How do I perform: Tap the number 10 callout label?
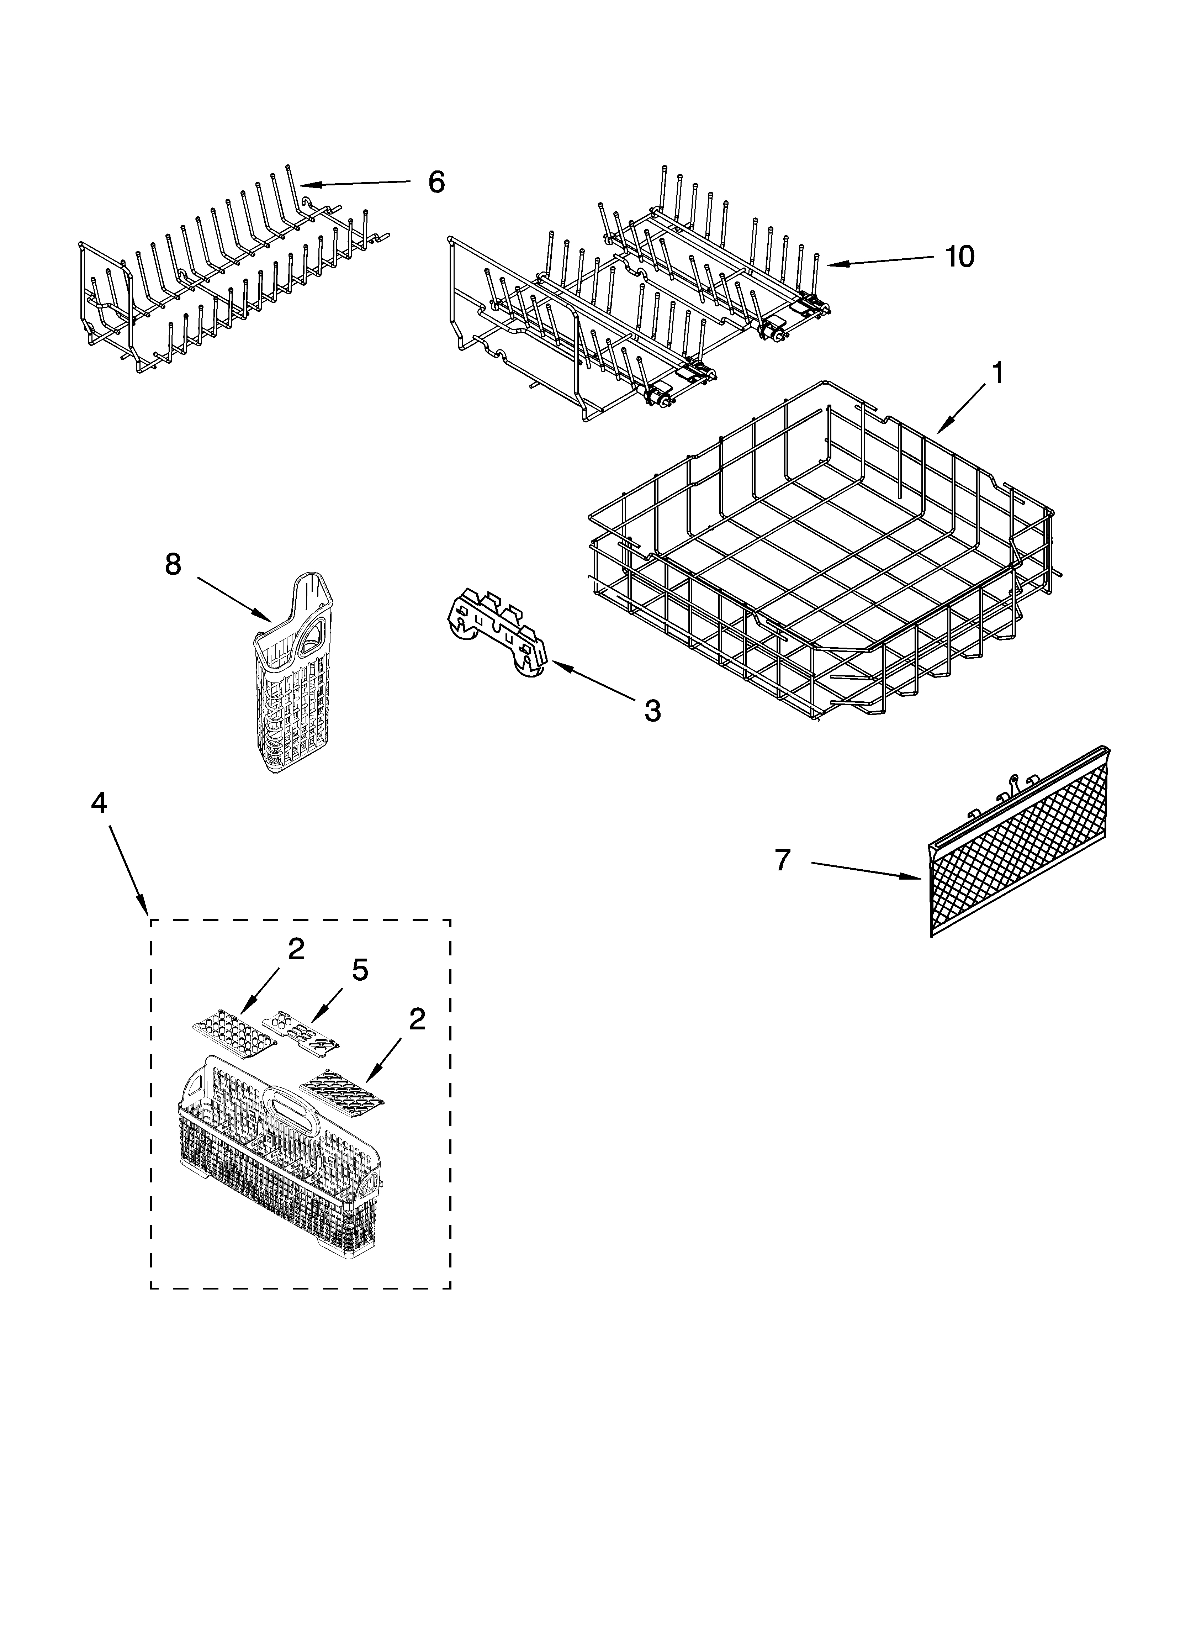pos(960,256)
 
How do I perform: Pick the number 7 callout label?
pos(781,860)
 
